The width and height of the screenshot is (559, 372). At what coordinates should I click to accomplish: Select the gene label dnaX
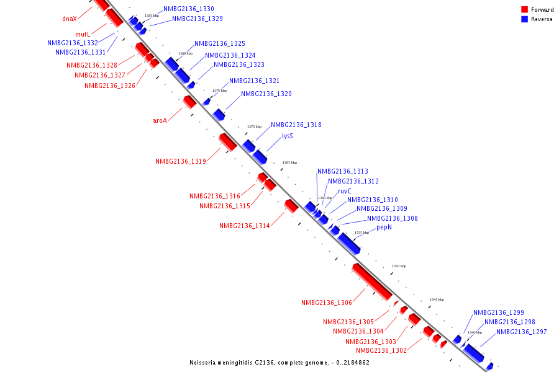click(x=70, y=19)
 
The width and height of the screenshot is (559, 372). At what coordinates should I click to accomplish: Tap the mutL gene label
click(x=83, y=34)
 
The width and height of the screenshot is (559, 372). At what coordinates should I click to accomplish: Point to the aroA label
click(x=160, y=120)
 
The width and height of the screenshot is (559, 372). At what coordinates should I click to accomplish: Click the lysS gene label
click(x=288, y=136)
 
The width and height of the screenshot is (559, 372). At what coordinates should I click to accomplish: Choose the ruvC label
click(x=345, y=192)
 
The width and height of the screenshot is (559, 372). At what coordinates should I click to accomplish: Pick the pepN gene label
click(x=384, y=228)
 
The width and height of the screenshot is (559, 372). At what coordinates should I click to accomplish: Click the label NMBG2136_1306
click(x=327, y=303)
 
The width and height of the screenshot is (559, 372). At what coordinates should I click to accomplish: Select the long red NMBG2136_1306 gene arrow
click(x=371, y=281)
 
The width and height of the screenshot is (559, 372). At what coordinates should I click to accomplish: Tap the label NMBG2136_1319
click(x=181, y=161)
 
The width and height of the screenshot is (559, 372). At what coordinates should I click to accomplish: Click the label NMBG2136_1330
click(x=189, y=9)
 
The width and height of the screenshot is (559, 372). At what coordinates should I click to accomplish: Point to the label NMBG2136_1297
click(x=522, y=332)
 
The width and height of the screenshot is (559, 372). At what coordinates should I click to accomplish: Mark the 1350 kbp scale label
click(x=399, y=266)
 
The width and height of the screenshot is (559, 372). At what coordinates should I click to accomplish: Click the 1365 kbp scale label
click(x=289, y=162)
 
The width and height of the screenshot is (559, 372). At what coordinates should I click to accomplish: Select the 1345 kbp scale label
click(x=437, y=299)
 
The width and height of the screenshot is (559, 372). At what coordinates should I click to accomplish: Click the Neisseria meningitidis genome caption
click(x=279, y=363)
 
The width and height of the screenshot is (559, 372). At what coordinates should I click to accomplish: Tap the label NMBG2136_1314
click(x=245, y=226)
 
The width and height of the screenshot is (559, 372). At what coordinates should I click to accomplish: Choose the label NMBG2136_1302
click(x=381, y=351)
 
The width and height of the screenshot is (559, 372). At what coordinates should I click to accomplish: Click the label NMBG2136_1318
click(x=296, y=125)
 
